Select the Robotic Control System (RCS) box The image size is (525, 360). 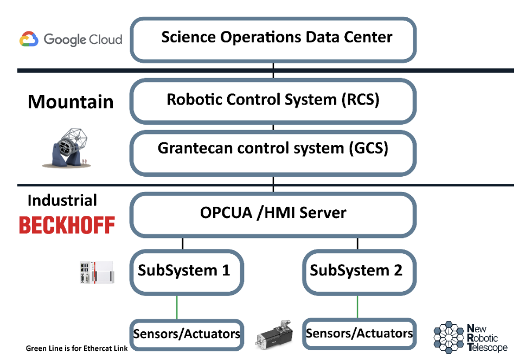(x=273, y=101)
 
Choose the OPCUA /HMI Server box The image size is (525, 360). (x=273, y=213)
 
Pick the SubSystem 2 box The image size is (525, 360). (x=356, y=271)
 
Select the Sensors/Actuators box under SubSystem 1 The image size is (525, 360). (x=186, y=333)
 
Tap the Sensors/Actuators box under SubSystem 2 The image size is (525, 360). (x=358, y=333)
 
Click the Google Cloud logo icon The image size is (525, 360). (x=29, y=40)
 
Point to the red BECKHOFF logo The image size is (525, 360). (x=67, y=224)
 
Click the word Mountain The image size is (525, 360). (x=71, y=102)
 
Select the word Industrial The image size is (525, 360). (x=62, y=201)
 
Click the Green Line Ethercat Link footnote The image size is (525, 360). (x=76, y=348)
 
